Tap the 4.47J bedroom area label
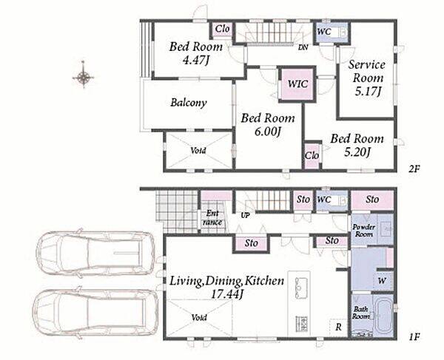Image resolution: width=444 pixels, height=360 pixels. click(x=195, y=60)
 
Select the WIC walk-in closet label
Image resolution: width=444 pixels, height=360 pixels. click(x=297, y=84)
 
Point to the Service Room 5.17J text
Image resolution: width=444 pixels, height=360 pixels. click(x=367, y=78)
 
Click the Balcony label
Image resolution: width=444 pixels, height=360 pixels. click(x=189, y=103)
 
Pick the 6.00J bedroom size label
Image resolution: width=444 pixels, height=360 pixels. click(x=268, y=132)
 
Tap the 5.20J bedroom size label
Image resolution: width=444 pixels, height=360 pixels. click(x=357, y=153)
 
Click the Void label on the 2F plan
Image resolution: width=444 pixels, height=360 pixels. click(x=198, y=151)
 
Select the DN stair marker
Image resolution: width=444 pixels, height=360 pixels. click(x=303, y=47)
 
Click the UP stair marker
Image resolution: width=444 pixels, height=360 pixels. click(x=245, y=216)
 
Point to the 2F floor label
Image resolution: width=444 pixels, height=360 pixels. click(x=414, y=169)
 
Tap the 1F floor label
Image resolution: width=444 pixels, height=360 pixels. click(x=414, y=337)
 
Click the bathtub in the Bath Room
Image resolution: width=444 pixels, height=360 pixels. click(x=383, y=316)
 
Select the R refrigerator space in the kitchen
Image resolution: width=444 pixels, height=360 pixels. click(x=338, y=327)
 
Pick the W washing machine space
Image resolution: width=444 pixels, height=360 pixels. click(x=382, y=281)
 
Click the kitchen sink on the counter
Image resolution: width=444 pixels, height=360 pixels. click(x=301, y=288)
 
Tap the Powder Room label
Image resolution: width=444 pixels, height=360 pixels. click(x=363, y=231)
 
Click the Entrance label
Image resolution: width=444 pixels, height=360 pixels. click(x=212, y=218)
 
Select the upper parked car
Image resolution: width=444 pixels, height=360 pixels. click(x=95, y=253)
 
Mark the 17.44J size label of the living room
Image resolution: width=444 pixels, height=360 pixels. click(x=227, y=295)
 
